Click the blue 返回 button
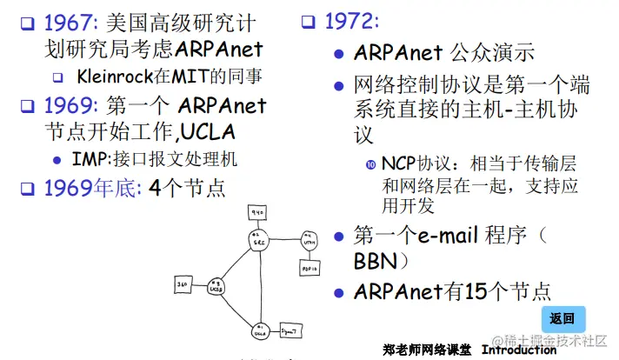[562, 318]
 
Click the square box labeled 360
[183, 283]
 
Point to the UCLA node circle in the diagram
[258, 330]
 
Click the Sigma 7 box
[290, 330]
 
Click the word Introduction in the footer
[519, 350]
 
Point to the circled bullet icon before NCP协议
[370, 163]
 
